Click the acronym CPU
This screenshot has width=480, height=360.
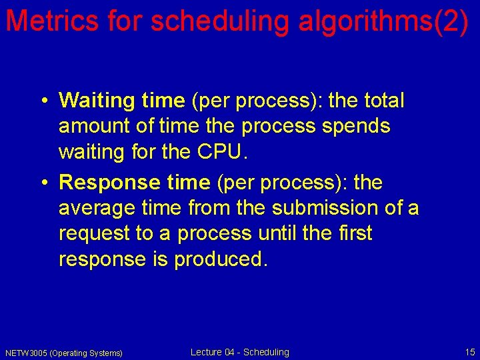(x=221, y=153)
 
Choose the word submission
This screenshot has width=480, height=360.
(x=325, y=208)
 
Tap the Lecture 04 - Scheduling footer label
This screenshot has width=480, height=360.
(x=240, y=352)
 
